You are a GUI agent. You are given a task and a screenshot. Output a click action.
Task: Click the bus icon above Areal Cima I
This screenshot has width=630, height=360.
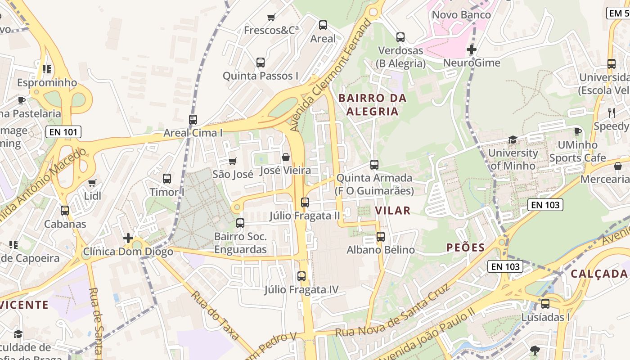point(193,120)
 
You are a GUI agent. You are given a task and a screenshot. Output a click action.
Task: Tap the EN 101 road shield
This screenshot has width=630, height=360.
point(63,132)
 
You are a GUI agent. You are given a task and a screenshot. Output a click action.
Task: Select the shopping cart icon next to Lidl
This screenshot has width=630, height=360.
point(92,183)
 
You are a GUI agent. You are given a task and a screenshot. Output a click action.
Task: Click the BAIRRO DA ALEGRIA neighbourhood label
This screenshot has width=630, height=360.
point(373,105)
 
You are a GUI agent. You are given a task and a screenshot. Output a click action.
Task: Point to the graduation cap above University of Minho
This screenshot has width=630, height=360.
point(513,139)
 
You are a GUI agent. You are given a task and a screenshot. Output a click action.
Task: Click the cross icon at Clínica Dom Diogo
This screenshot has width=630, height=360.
point(128,238)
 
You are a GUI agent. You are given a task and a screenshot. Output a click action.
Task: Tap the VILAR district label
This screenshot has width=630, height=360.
point(393,211)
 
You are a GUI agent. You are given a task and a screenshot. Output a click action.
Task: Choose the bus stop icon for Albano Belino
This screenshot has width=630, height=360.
point(381,236)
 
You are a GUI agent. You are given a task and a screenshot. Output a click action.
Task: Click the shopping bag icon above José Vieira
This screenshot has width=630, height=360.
point(285,157)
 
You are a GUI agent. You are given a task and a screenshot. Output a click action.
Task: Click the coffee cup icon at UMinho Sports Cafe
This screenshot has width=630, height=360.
point(577,131)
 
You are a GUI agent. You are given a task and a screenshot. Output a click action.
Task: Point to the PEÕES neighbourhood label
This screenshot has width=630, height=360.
point(465,247)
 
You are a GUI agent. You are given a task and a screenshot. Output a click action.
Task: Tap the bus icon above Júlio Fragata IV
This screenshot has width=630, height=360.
point(301,276)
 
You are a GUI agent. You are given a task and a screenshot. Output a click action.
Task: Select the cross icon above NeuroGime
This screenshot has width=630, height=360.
point(472,49)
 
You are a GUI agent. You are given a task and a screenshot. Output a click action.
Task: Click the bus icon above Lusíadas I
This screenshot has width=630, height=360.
point(545,304)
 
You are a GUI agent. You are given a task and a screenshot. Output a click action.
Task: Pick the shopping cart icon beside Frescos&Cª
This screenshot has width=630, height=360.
point(271,18)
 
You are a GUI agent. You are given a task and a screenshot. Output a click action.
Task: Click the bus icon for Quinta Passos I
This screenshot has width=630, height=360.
point(261,63)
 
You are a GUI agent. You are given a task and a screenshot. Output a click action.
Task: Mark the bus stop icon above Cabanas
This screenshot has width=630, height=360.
point(65,211)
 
